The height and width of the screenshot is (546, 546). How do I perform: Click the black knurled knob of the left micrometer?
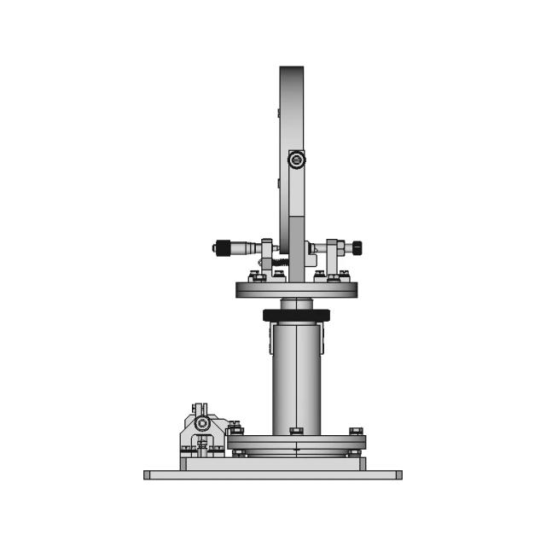[222, 248]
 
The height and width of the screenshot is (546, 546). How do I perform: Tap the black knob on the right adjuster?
[357, 247]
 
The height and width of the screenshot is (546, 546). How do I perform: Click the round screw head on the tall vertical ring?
[295, 160]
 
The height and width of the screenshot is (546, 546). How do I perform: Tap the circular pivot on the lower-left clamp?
[202, 423]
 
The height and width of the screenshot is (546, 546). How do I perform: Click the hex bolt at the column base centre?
[296, 431]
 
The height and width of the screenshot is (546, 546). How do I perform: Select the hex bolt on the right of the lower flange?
[355, 431]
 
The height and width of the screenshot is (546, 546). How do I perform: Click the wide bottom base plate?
[272, 474]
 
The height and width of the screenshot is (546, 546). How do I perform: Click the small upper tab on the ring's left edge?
[278, 113]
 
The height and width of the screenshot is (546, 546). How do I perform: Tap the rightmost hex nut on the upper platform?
[344, 276]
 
